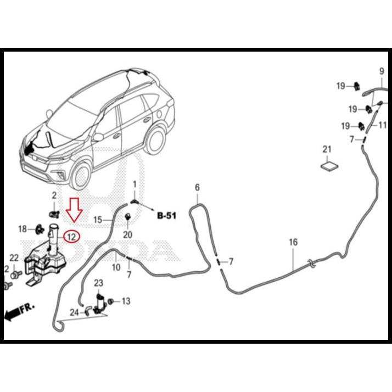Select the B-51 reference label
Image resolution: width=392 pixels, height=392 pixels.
pos(166,216)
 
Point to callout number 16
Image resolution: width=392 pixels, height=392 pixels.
pos(293,242)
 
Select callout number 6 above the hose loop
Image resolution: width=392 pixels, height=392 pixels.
pos(198,188)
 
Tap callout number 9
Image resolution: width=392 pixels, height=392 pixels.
pos(382,71)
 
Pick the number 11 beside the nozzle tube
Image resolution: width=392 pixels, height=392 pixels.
pos(382,125)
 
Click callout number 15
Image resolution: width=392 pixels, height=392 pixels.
pos(97,220)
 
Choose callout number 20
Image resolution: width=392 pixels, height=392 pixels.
pos(128,234)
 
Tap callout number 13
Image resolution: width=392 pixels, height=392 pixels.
pos(126,301)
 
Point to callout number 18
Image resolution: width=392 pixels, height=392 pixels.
pos(23,229)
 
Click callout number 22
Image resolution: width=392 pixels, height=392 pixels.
pos(14,258)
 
